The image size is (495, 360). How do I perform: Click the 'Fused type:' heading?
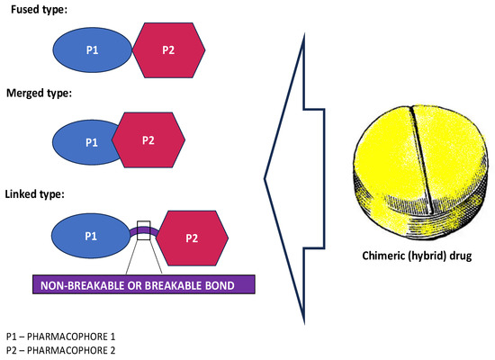pyautogui.click(x=39, y=10)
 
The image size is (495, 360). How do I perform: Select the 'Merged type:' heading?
pyautogui.click(x=39, y=94)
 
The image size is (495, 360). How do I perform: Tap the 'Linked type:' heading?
pyautogui.click(x=35, y=193)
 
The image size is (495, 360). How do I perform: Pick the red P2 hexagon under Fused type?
pyautogui.click(x=168, y=49)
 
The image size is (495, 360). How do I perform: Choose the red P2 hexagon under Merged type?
pyautogui.click(x=148, y=139)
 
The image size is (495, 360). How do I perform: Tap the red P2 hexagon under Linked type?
pyautogui.click(x=192, y=238)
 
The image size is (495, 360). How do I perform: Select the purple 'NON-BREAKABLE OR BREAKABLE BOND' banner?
pyautogui.click(x=144, y=284)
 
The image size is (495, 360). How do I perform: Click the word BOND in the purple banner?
pyautogui.click(x=220, y=285)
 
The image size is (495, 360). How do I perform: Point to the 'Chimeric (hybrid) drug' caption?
pyautogui.click(x=417, y=256)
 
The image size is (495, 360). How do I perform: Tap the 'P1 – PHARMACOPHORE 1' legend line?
pyautogui.click(x=60, y=337)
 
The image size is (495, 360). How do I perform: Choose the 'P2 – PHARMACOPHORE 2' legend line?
pyautogui.click(x=60, y=350)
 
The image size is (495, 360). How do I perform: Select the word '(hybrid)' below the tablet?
pyautogui.click(x=427, y=256)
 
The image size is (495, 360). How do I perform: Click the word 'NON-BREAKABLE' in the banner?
pyautogui.click(x=82, y=285)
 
